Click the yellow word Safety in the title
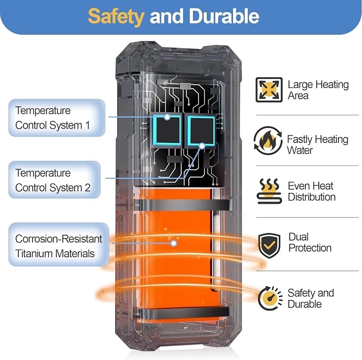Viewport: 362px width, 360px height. pyautogui.click(x=116, y=17)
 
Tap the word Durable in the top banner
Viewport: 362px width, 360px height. pyautogui.click(x=224, y=16)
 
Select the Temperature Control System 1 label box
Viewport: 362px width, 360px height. pyautogui.click(x=57, y=118)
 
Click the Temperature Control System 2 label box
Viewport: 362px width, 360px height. pyautogui.click(x=55, y=180)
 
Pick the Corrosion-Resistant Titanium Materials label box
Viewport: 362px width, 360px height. pyautogui.click(x=59, y=244)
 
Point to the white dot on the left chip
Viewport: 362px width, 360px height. pyautogui.click(x=167, y=117)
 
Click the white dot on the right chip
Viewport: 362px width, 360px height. pyautogui.click(x=202, y=146)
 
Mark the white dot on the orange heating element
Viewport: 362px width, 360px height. pyautogui.click(x=174, y=243)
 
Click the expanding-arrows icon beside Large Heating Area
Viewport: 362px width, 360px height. pyautogui.click(x=269, y=90)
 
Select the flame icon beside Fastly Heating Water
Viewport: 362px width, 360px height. pyautogui.click(x=268, y=140)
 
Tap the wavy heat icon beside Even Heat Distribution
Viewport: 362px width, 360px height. pyautogui.click(x=269, y=191)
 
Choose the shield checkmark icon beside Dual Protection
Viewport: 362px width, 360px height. pyautogui.click(x=269, y=245)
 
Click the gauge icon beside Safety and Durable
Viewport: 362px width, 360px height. pyautogui.click(x=270, y=298)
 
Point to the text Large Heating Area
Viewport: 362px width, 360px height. pyautogui.click(x=318, y=90)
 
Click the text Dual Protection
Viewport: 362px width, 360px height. pyautogui.click(x=310, y=243)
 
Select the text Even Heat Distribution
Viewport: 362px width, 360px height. pyautogui.click(x=312, y=191)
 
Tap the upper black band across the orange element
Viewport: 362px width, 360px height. pyautogui.click(x=182, y=205)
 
